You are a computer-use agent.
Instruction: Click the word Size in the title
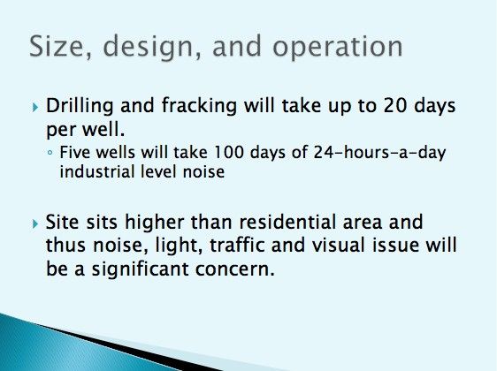[60, 46]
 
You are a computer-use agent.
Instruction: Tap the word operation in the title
[338, 48]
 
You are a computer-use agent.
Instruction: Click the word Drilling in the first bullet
[80, 107]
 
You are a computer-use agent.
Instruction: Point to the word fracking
[199, 107]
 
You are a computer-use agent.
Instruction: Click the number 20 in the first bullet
[394, 106]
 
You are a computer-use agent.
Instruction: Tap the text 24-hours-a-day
[379, 154]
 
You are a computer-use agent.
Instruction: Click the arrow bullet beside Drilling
[35, 107]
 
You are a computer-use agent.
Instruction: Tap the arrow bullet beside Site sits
[35, 224]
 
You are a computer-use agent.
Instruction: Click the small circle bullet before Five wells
[50, 153]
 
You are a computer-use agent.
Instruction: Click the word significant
[140, 270]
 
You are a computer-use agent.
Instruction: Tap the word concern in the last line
[234, 269]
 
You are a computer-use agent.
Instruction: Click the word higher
[155, 223]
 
